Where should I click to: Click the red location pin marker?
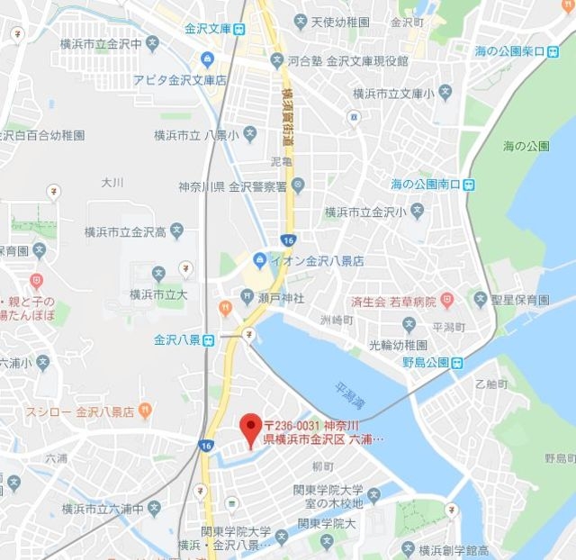pyautogui.click(x=249, y=427)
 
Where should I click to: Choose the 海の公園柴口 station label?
pyautogui.click(x=510, y=51)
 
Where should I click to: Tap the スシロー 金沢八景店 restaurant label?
pyautogui.click(x=79, y=411)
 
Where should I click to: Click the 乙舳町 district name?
pyautogui.click(x=490, y=382)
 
